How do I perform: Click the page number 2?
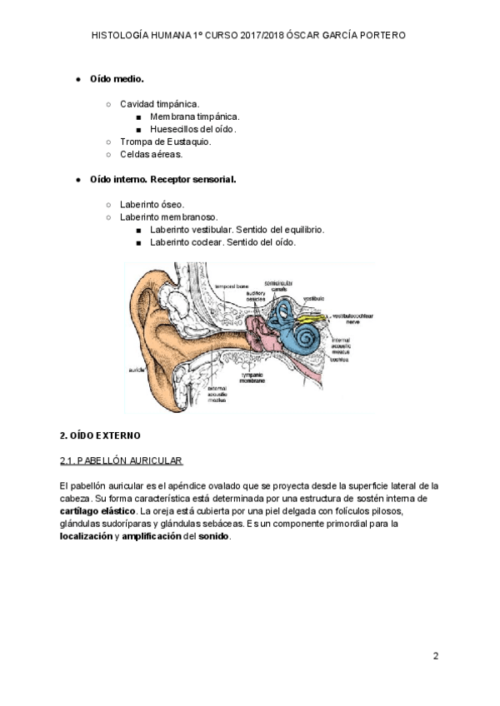point(435,656)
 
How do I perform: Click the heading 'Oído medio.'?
point(117,79)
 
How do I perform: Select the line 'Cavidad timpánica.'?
point(159,104)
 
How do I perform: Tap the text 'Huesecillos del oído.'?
point(193,129)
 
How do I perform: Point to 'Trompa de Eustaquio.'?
point(165,142)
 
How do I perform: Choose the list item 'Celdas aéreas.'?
point(151,154)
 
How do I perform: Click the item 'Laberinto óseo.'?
point(152,204)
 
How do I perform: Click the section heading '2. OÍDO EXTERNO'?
point(100,435)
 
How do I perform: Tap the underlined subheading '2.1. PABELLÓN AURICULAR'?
point(121,460)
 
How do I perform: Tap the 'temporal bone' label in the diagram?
point(231,286)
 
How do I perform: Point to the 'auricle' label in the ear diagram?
point(134,368)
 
